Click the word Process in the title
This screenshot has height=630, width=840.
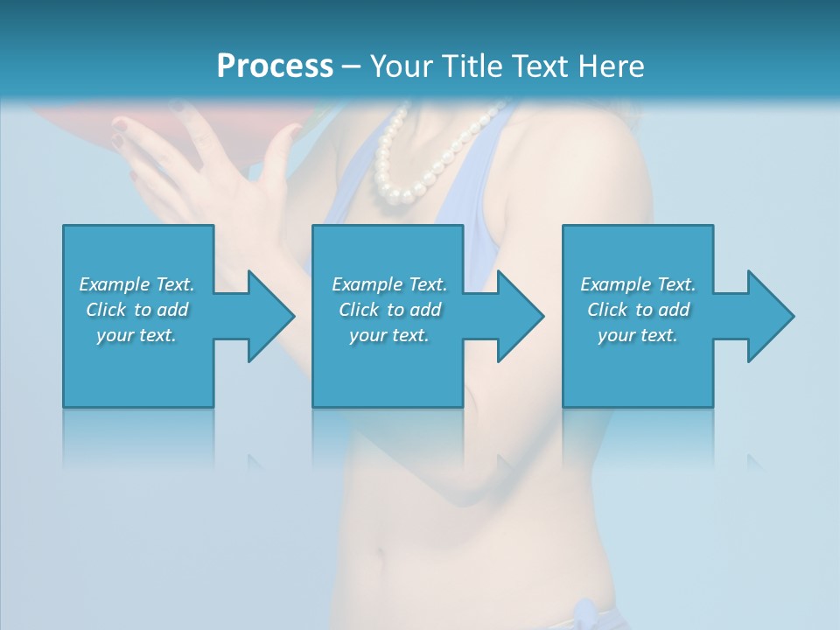click(275, 66)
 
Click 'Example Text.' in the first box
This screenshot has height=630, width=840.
click(136, 284)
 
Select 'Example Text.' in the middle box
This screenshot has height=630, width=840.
click(389, 284)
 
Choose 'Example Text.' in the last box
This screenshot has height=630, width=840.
click(638, 284)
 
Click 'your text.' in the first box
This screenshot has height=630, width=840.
click(136, 335)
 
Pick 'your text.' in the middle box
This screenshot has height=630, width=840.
click(389, 335)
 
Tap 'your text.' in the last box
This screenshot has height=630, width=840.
click(638, 335)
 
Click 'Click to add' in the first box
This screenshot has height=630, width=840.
click(136, 310)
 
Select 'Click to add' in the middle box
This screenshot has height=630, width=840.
click(389, 310)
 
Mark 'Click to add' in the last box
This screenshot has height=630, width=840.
click(638, 310)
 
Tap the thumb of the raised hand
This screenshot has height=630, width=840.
click(278, 153)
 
